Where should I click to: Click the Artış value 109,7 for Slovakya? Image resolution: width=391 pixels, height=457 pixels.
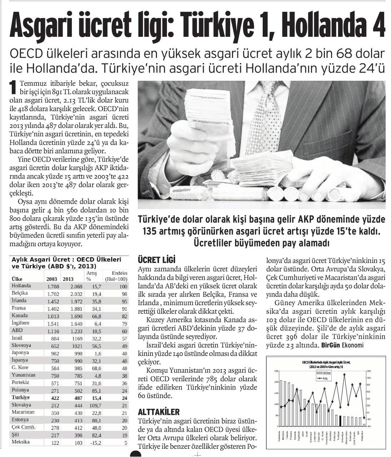[x=95, y=405]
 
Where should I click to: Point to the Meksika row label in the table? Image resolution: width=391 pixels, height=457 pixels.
[x=20, y=442]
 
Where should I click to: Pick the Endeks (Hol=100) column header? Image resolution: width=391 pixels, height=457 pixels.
[x=117, y=276]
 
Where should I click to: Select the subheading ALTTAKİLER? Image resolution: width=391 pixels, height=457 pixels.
[x=159, y=412]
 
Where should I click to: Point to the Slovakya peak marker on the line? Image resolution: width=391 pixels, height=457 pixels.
[x=345, y=374]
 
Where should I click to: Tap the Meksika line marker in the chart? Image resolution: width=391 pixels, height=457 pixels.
[x=364, y=417]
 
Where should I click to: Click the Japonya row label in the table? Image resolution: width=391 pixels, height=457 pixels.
[x=20, y=353]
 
